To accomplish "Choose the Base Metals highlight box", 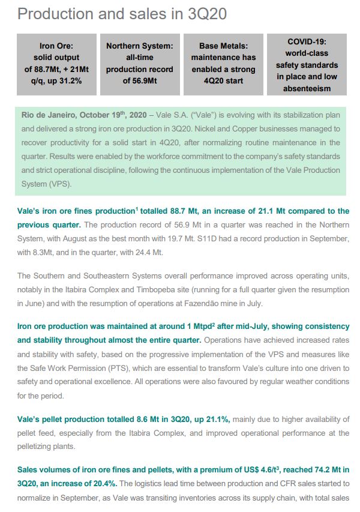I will [x=223, y=64].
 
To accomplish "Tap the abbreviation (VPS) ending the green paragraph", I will [x=62, y=183].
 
